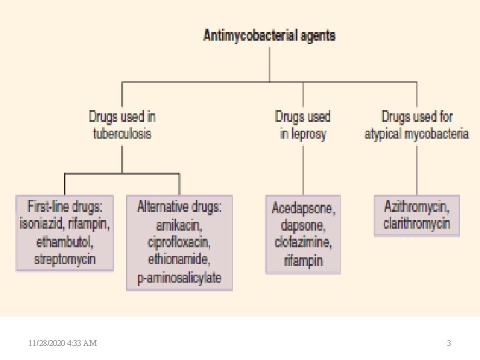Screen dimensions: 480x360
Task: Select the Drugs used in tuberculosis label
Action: click(122, 125)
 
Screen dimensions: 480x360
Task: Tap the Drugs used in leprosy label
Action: click(303, 125)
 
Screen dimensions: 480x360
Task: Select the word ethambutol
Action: click(65, 241)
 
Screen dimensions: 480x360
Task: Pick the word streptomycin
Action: click(65, 258)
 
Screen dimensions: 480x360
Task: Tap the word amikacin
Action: click(179, 224)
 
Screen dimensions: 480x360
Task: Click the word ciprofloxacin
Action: click(179, 241)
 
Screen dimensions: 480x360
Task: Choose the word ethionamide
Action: click(179, 259)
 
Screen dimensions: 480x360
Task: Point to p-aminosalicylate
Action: click(179, 277)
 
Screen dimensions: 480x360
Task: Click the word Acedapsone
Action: click(303, 208)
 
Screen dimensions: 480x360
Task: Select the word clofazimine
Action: click(303, 243)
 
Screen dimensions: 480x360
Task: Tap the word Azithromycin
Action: click(417, 206)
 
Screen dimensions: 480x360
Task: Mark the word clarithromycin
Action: click(417, 223)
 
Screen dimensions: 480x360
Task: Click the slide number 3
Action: click(449, 343)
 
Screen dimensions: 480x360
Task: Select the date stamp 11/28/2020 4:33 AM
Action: click(63, 343)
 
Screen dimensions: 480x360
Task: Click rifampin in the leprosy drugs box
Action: click(303, 260)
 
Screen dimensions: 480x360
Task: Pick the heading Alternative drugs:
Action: click(179, 207)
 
